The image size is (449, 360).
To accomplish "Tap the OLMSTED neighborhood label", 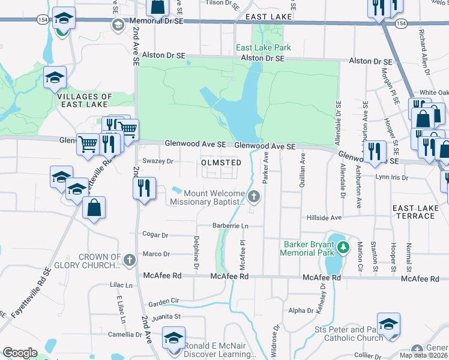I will [x=221, y=163].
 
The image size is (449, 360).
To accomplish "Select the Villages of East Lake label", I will [x=84, y=100].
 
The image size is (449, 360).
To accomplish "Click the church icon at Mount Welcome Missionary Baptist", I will [x=254, y=196].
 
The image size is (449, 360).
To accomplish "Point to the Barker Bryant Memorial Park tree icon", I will [x=343, y=247].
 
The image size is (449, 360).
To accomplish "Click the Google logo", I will [x=20, y=353].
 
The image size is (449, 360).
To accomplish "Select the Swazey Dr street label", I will [x=161, y=161].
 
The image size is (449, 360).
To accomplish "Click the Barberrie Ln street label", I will [x=231, y=226].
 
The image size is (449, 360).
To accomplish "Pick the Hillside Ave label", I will [x=324, y=217].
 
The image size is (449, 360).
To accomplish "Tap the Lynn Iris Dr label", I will [x=391, y=178].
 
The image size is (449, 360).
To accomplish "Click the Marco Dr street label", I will [x=156, y=254].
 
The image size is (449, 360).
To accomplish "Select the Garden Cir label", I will [x=164, y=301].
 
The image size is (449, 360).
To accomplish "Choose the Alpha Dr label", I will [x=297, y=311].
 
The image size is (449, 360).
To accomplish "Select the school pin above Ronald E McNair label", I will [x=174, y=338].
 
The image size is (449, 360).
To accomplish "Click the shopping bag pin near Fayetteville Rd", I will [x=94, y=208].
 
